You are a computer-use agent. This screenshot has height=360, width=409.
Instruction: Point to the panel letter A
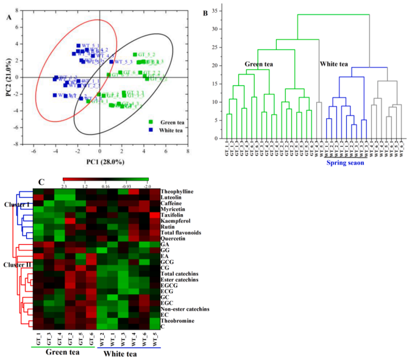9,18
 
